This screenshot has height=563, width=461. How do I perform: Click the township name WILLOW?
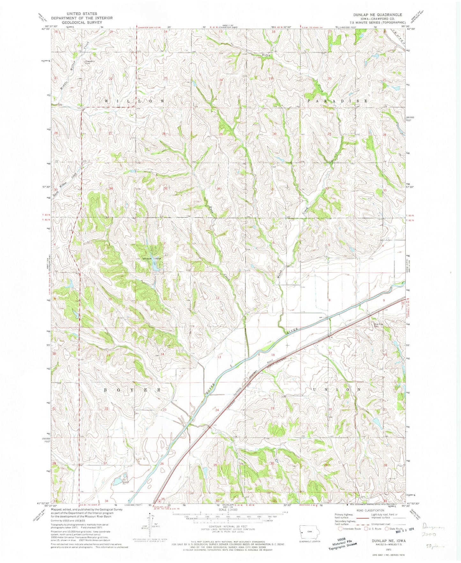point(134,101)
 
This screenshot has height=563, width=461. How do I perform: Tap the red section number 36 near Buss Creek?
point(219,189)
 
